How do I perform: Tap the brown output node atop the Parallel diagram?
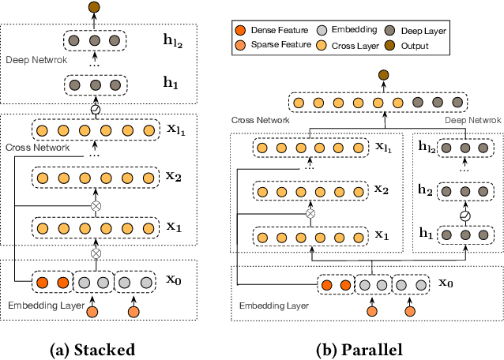pos(384,76)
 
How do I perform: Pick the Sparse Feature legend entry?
pos(269,46)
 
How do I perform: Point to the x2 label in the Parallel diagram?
pos(382,190)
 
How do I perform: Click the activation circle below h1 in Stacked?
pos(96,109)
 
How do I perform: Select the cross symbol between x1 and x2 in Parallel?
pos(310,213)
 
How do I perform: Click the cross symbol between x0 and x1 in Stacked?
pos(96,254)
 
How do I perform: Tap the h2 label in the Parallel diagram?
pos(426,190)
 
